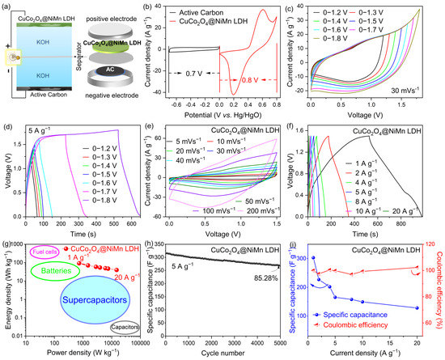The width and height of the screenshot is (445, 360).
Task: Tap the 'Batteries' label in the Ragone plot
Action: tap(57, 272)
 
